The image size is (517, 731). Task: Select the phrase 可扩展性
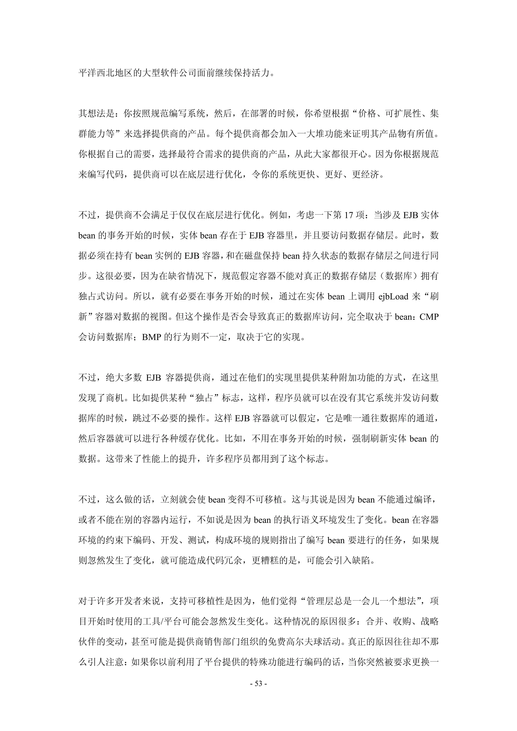pyautogui.click(x=403, y=113)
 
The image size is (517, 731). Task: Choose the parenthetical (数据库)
pyautogui.click(x=399, y=276)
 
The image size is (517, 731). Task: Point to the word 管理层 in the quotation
pyautogui.click(x=320, y=601)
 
